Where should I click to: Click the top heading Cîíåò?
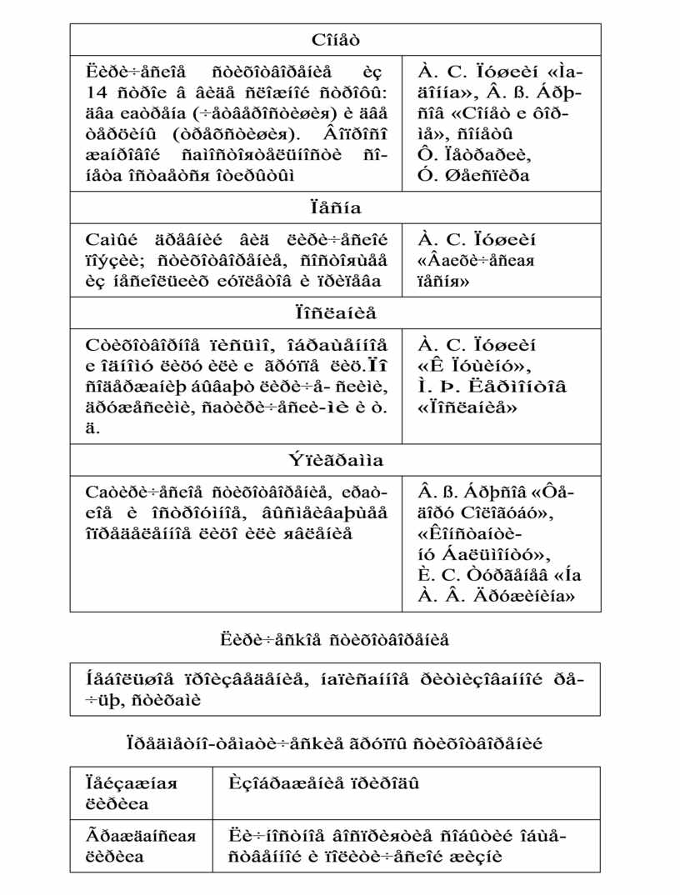click(336, 39)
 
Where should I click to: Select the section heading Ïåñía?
click(336, 207)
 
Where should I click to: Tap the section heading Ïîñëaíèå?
click(336, 312)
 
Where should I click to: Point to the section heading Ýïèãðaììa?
click(336, 460)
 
